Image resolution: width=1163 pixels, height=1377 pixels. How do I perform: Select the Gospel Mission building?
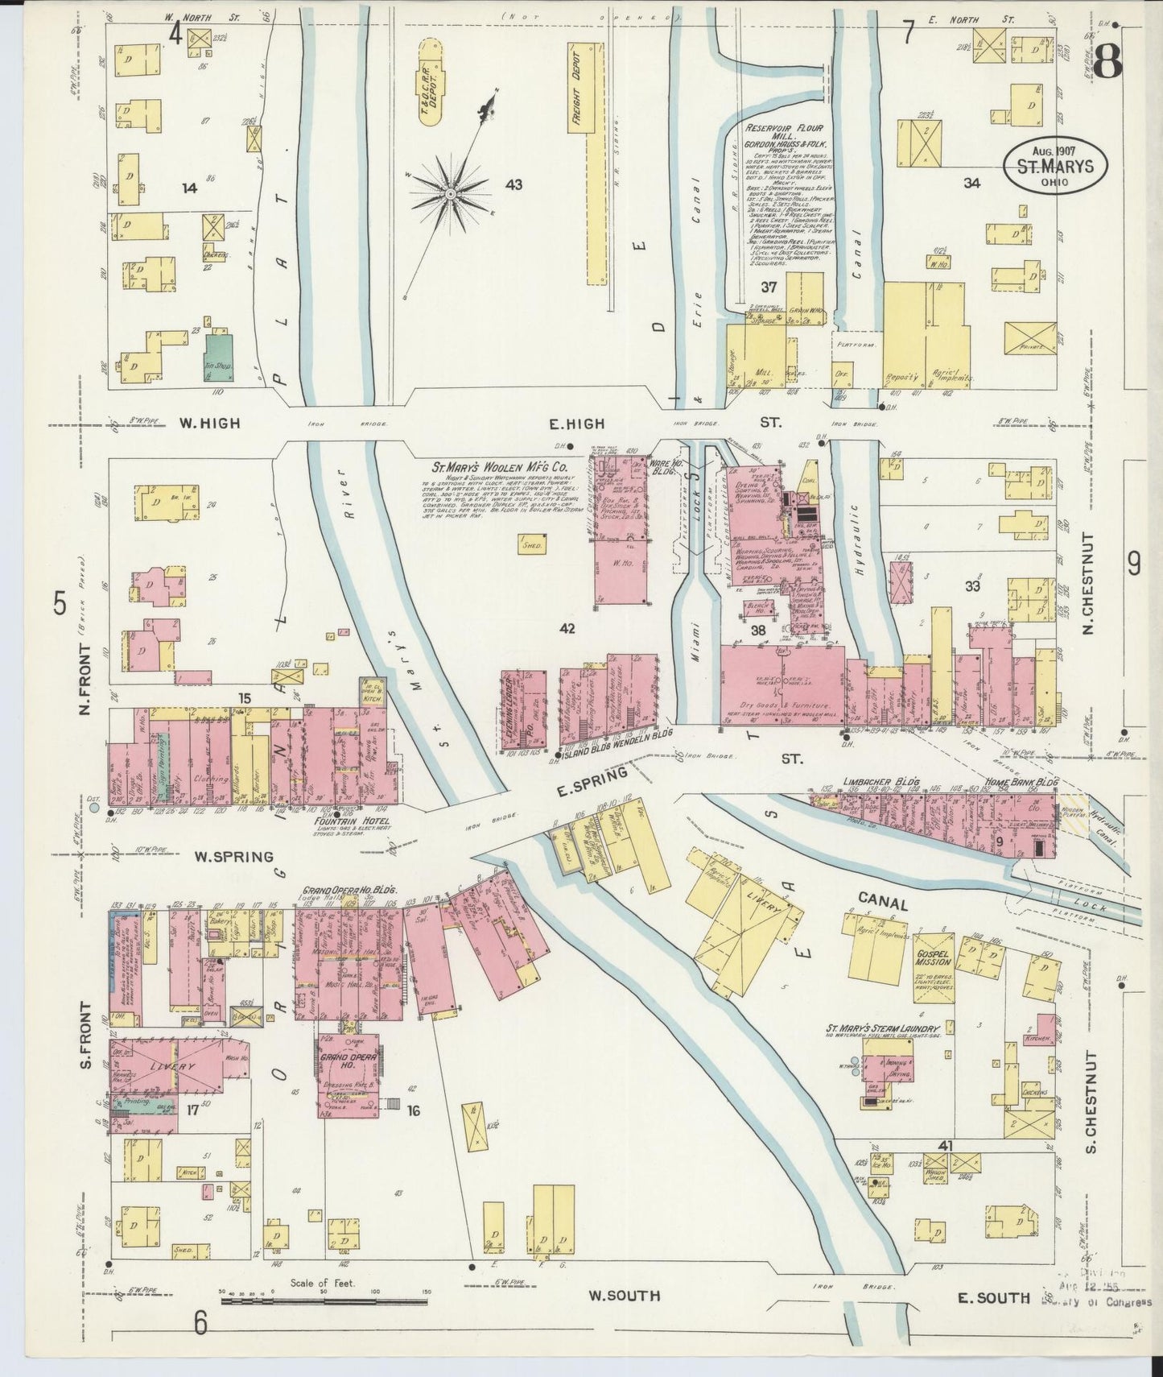click(933, 957)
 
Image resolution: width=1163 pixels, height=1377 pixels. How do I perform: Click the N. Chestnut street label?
click(1089, 582)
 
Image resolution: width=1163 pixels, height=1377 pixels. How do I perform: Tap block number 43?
click(513, 184)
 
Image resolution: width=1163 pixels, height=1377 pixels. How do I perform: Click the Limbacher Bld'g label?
click(872, 782)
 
